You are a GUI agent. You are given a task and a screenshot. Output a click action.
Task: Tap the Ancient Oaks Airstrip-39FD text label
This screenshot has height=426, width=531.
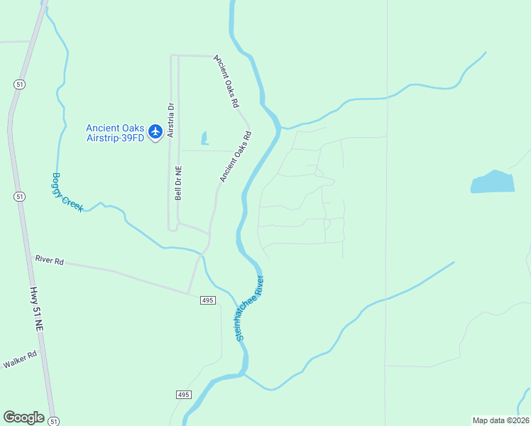[x=114, y=133]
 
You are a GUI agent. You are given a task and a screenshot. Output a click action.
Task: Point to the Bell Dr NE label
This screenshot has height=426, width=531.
[x=179, y=183]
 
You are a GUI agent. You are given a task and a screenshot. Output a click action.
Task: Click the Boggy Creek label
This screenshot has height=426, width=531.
[x=67, y=192]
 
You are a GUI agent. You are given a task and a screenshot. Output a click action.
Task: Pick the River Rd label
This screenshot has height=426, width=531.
[x=49, y=260]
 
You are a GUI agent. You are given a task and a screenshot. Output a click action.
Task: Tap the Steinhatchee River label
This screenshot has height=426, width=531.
[x=250, y=307]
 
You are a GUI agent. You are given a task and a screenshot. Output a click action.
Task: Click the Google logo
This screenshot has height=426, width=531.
[x=23, y=417]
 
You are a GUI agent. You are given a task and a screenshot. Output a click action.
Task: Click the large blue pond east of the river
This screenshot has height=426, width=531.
[x=492, y=182]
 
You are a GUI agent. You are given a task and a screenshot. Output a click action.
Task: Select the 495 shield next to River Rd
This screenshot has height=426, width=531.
[x=207, y=301]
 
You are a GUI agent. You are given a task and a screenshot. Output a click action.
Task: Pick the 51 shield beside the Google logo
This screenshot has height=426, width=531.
[x=54, y=421]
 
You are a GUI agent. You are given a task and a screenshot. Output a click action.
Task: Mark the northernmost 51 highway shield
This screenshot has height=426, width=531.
[x=17, y=84]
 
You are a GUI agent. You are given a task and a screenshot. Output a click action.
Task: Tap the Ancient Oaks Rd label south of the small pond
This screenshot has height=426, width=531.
[x=235, y=155]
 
